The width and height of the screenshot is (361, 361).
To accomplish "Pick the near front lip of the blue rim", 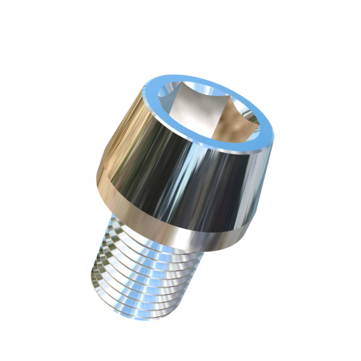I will pyautogui.click(x=201, y=152).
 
